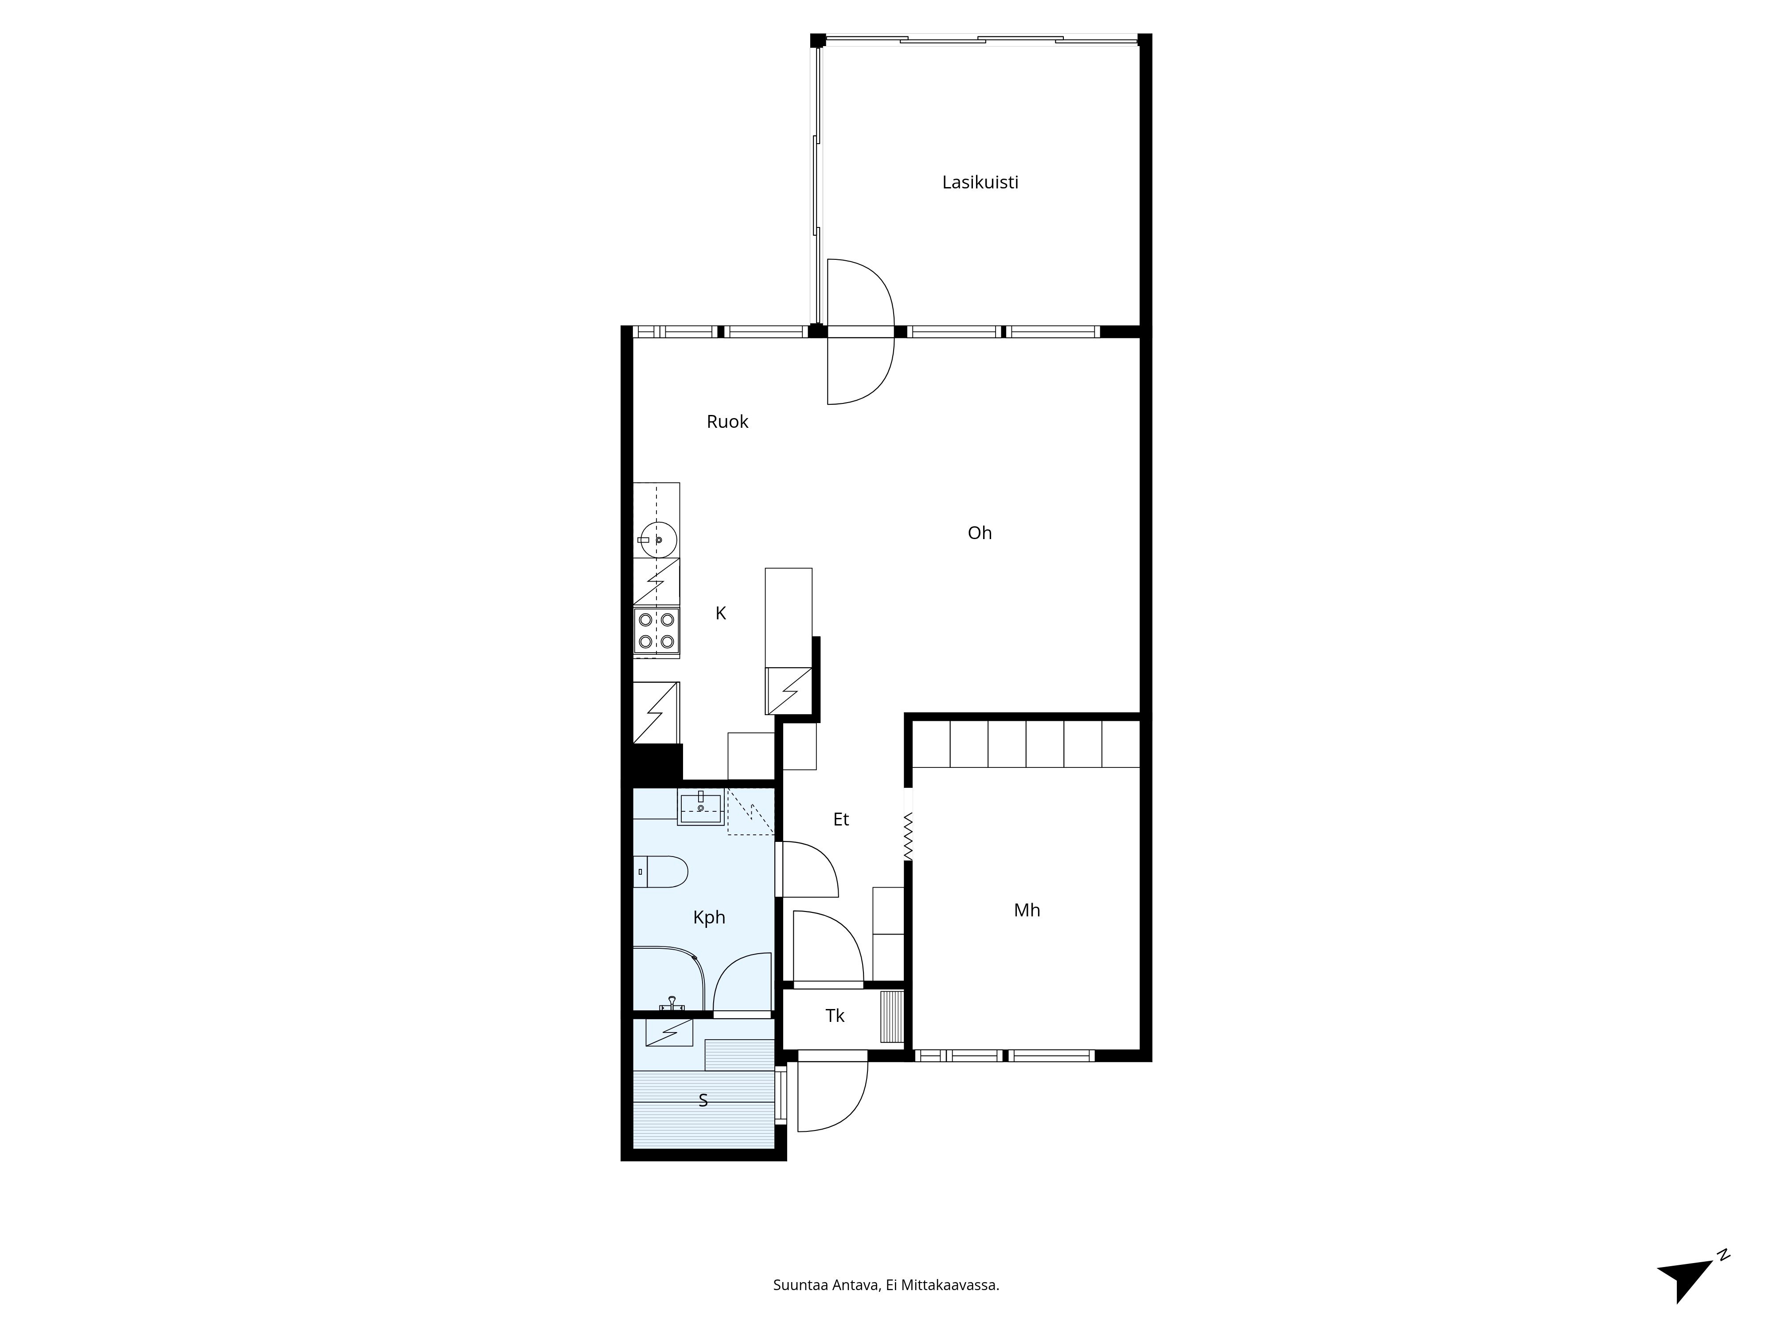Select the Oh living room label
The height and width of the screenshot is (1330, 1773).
(x=980, y=533)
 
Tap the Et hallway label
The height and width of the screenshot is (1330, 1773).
(x=841, y=819)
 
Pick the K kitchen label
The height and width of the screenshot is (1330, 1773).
(x=721, y=613)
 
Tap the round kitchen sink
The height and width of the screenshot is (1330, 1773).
(x=659, y=540)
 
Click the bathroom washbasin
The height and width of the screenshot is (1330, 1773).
(x=701, y=807)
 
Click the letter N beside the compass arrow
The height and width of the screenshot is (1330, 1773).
(x=1723, y=1256)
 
